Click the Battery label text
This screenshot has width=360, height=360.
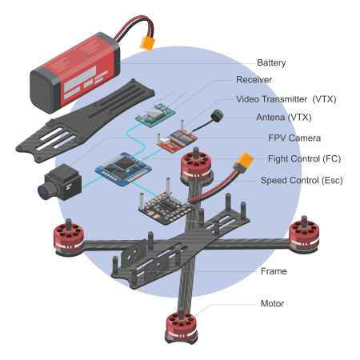(271, 63)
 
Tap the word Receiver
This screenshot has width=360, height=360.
(254, 80)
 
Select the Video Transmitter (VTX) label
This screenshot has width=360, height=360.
(286, 99)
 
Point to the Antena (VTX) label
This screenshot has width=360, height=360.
(284, 118)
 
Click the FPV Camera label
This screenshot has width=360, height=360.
(294, 138)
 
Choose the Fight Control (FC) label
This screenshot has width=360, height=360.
(304, 159)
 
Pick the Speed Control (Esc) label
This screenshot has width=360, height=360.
(302, 181)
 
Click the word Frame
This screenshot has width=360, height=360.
(274, 271)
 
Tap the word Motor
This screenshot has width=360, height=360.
(272, 303)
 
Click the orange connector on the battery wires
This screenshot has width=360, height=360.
(147, 43)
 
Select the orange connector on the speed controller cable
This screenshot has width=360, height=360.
(243, 161)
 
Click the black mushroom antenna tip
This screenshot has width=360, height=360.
(217, 116)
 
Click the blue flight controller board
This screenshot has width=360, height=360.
(123, 169)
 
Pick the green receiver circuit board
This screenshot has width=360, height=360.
(155, 116)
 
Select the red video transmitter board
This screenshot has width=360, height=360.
(178, 141)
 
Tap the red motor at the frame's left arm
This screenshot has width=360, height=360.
(69, 238)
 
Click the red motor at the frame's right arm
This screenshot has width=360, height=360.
(304, 235)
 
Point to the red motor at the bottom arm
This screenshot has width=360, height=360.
(182, 326)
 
